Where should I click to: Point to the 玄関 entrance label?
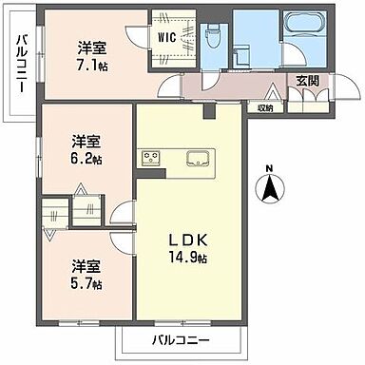(308, 80)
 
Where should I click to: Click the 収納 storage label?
(264, 107)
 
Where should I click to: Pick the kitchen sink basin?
(200, 158)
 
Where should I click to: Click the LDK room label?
(188, 236)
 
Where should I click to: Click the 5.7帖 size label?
(85, 283)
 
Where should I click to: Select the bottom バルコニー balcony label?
(180, 338)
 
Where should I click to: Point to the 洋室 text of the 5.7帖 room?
(85, 267)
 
